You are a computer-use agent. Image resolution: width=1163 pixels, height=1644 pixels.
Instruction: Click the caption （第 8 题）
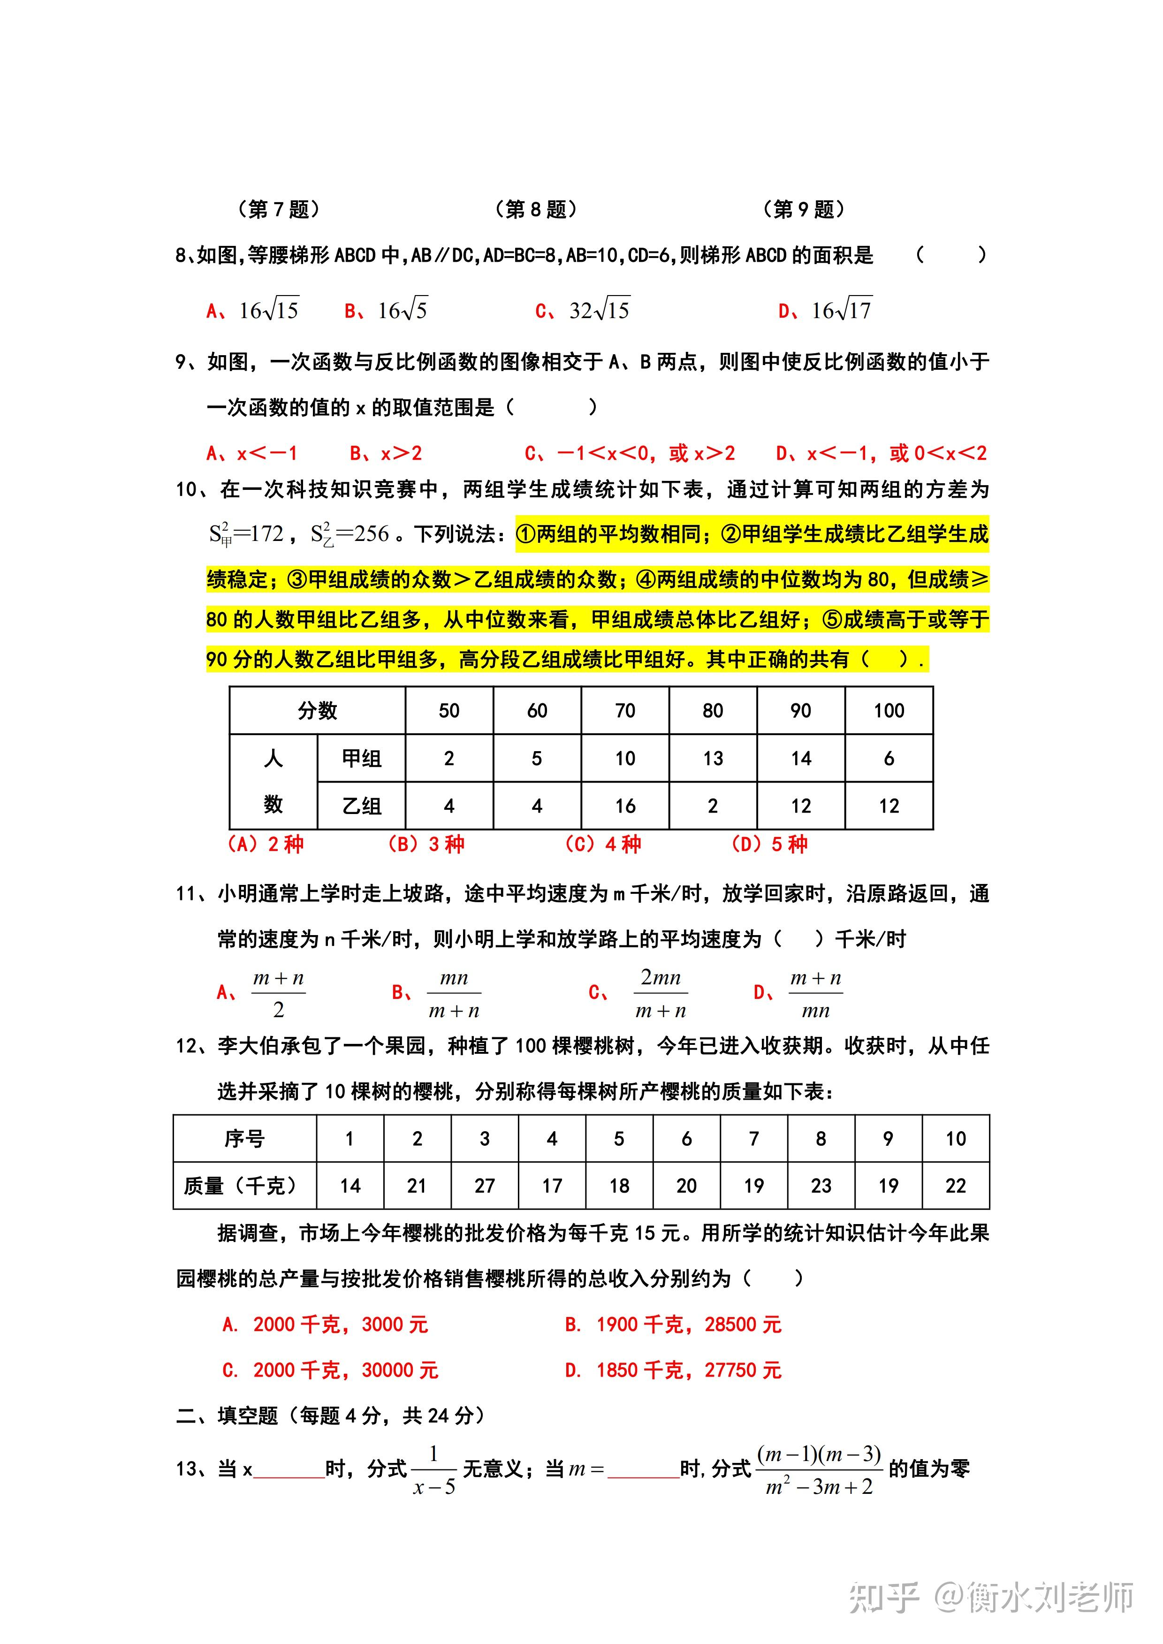point(536,209)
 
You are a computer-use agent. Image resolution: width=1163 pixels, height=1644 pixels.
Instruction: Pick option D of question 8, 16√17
point(826,310)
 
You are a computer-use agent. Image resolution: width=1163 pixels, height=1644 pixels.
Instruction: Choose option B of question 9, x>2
point(386,453)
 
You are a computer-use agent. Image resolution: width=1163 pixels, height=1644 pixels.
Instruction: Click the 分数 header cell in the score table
point(317,710)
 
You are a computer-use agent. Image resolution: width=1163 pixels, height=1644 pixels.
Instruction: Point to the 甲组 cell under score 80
point(713,758)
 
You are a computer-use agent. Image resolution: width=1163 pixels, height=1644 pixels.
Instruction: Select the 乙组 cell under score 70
point(625,806)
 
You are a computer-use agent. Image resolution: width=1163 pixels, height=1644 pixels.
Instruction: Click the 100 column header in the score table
point(889,710)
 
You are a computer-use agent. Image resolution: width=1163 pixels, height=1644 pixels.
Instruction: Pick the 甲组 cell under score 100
point(889,758)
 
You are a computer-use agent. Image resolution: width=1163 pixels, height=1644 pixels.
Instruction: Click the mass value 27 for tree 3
point(485,1186)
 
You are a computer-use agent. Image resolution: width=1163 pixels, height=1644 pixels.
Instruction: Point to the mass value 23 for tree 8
point(821,1186)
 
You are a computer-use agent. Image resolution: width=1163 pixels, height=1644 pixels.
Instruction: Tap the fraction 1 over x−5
point(434,1469)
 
